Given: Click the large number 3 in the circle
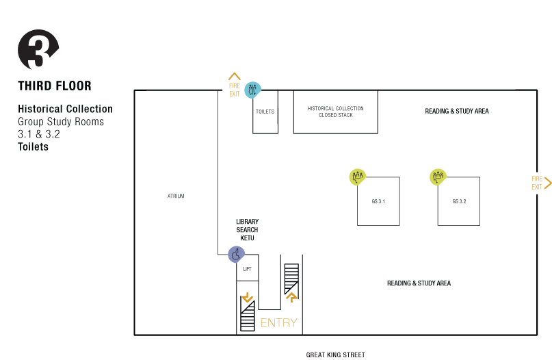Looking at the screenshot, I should pos(39,53).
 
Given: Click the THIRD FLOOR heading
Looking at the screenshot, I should pos(55,86).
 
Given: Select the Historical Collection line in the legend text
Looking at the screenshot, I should pos(66,110).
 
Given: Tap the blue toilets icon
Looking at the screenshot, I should pos(252,89).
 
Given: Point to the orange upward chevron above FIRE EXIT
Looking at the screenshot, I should pos(235,76).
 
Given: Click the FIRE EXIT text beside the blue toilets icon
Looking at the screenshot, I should pos(235,90).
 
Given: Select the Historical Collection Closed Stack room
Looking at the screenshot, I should pos(334,112).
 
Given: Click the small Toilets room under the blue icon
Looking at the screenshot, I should pos(265,112).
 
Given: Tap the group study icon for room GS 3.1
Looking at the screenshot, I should pos(357,177).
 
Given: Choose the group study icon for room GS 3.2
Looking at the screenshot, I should pos(438,177).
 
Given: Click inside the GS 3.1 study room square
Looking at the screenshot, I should pos(378,201).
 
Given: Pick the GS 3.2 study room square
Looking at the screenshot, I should pos(458,201).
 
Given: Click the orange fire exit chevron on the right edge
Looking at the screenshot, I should pos(548,183).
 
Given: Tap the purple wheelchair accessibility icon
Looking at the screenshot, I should pos(236,255).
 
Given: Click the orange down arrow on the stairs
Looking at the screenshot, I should pos(248,298).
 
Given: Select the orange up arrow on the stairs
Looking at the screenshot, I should pos(291,298).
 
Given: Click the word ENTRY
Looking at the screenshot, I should pos(279,322).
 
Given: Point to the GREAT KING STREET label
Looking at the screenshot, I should pos(335,355).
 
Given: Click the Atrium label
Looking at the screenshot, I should pos(176,196).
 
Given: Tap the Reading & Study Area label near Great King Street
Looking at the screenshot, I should pos(419,283).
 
